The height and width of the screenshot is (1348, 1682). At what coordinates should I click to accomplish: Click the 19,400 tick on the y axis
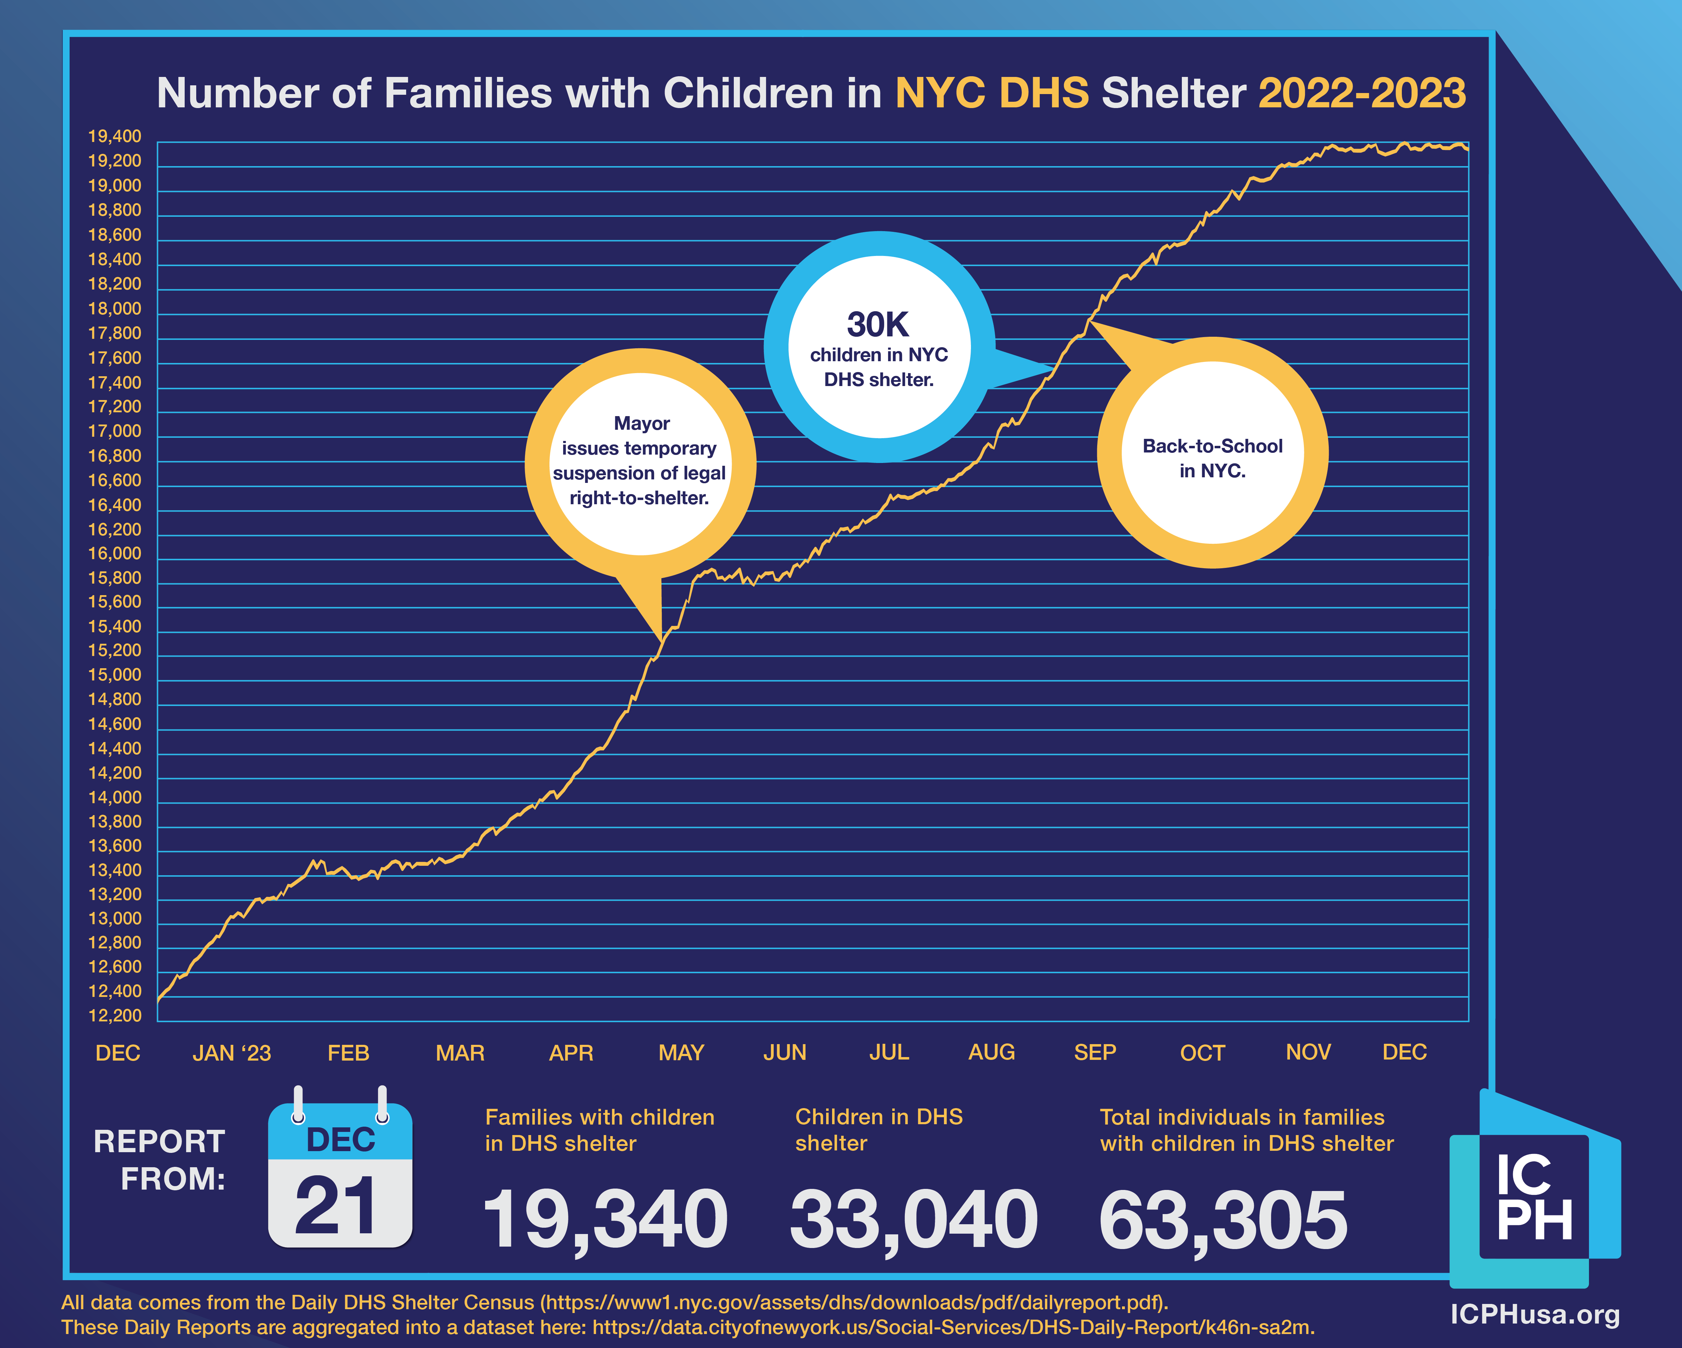point(115,136)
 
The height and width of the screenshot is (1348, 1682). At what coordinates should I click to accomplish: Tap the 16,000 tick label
point(115,554)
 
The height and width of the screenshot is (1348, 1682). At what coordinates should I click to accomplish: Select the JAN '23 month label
point(232,1053)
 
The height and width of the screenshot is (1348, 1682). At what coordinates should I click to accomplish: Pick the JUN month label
point(785,1052)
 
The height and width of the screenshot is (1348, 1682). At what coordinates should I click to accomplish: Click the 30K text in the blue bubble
point(879,324)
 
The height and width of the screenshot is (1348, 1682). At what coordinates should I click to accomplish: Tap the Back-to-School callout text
point(1212,458)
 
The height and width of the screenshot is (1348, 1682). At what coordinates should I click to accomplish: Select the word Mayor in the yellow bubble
point(641,423)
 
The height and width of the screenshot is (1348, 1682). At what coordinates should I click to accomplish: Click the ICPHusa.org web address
point(1534,1314)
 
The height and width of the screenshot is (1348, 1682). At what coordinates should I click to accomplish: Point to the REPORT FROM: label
point(160,1160)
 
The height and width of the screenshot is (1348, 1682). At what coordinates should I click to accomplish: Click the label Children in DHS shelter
point(879,1131)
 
